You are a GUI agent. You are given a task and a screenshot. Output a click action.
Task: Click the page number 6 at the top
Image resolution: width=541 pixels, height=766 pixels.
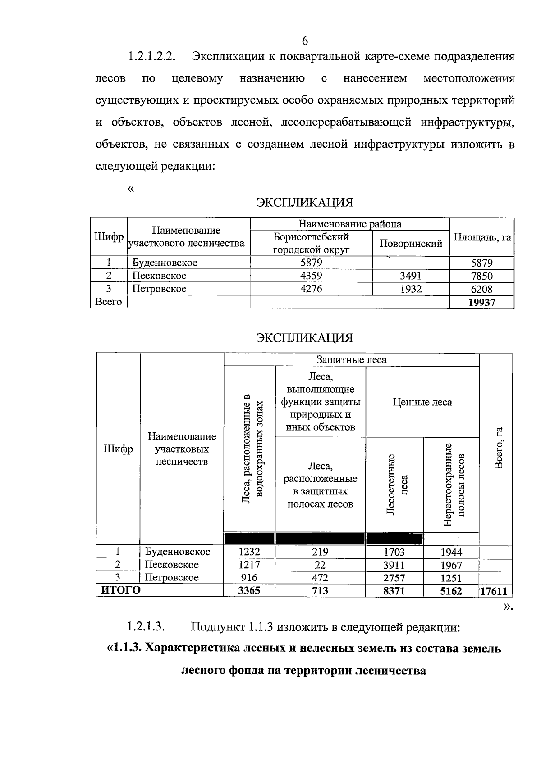tap(305, 41)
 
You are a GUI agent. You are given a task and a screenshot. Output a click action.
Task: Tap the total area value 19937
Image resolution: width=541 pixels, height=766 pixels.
tap(481, 302)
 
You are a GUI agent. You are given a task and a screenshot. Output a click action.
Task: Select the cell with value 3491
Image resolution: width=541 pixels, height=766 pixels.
tap(411, 276)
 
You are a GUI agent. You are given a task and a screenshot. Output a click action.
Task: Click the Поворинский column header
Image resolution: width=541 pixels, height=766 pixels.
tap(411, 244)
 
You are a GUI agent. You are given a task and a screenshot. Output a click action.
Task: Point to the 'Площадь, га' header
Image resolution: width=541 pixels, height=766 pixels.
tap(482, 237)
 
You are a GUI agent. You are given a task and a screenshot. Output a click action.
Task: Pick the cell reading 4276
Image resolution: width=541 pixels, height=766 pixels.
tap(311, 289)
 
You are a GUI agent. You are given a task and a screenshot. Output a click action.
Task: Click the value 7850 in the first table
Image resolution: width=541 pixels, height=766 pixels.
tap(481, 276)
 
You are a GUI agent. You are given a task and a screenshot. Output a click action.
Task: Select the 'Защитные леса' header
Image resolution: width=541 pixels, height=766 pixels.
tap(351, 359)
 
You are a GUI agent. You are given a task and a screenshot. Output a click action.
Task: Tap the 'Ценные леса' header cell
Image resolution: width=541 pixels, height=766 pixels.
tap(422, 402)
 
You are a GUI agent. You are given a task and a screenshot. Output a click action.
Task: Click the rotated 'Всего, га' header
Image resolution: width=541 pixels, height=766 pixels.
tap(498, 448)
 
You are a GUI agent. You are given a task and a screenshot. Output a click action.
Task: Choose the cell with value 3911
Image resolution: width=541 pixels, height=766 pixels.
tap(394, 565)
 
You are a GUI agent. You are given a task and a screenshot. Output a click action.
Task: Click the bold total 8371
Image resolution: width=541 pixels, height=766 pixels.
tap(394, 591)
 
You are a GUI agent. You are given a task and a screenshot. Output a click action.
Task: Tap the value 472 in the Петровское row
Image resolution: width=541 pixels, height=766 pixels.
tap(320, 578)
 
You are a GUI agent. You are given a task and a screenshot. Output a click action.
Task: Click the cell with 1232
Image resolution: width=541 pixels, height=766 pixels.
tap(249, 552)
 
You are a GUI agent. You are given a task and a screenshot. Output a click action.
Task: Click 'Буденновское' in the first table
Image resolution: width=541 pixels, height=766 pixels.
tap(165, 263)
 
